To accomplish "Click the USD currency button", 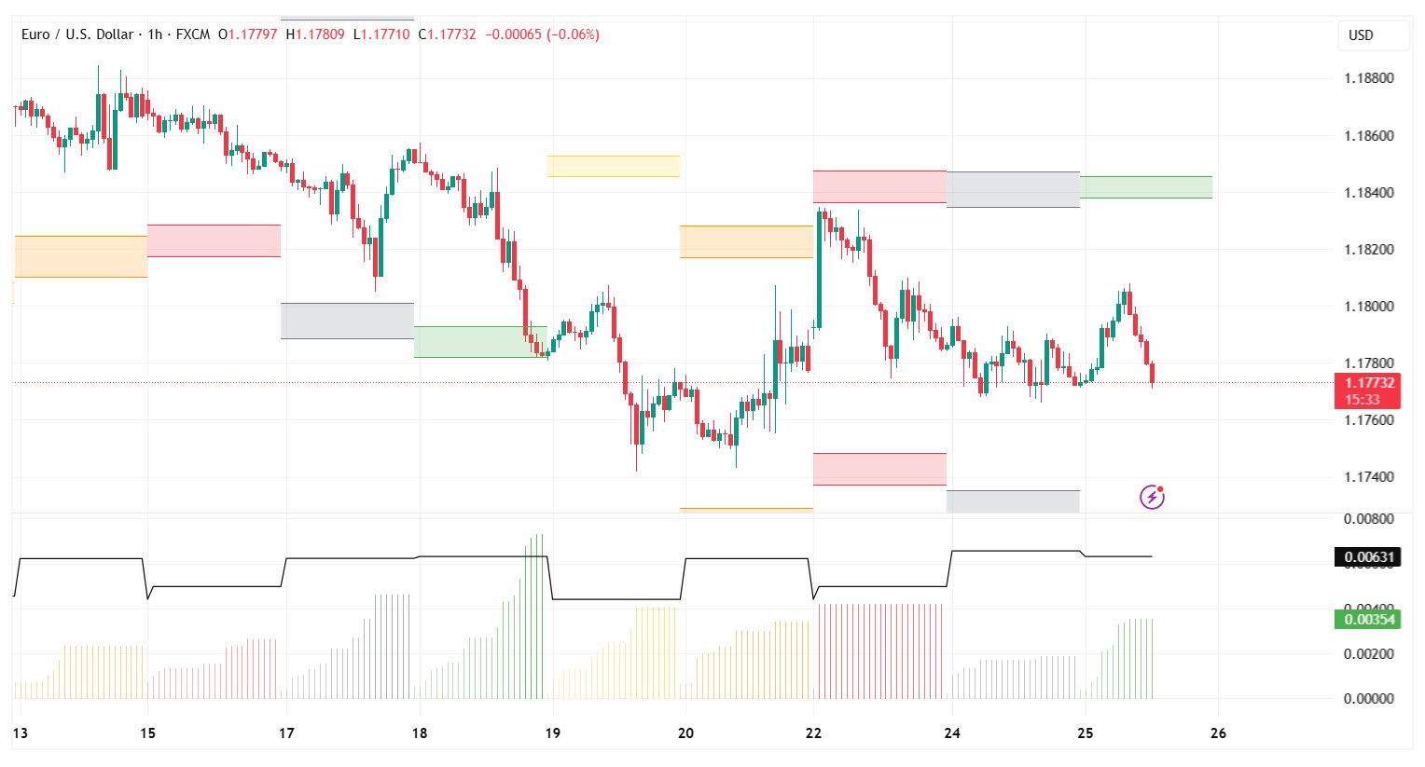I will point(1361,35).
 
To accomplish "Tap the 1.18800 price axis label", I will point(1368,78).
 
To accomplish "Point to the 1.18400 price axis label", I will point(1368,193).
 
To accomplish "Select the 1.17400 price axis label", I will point(1368,477).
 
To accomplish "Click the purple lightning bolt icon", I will point(1153,497).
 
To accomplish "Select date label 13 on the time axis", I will point(21,733).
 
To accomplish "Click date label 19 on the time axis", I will point(553,733).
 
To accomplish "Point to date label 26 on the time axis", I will point(1218,733).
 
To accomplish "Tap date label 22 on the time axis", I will point(814,733).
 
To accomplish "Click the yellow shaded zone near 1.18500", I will point(613,166).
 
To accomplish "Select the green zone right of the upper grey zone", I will point(1145,187).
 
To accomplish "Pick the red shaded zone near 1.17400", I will point(879,469).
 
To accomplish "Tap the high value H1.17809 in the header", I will point(315,34).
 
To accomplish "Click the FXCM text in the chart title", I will point(193,34).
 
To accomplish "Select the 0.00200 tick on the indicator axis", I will point(1368,654).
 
